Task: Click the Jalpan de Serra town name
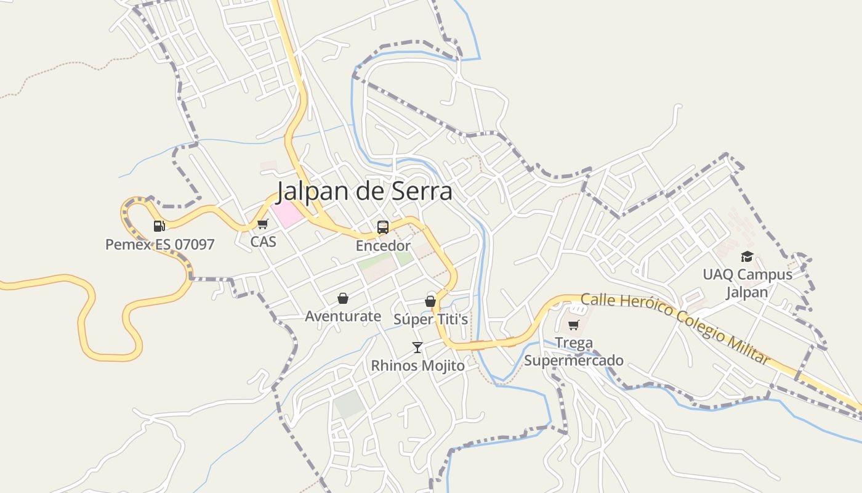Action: pyautogui.click(x=364, y=192)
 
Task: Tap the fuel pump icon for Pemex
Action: pyautogui.click(x=159, y=226)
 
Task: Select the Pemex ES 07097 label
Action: pyautogui.click(x=160, y=245)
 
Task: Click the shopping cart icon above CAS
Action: pyautogui.click(x=263, y=224)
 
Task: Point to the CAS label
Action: pyautogui.click(x=263, y=242)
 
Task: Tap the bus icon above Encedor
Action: pyautogui.click(x=383, y=227)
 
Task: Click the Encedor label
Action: pyautogui.click(x=383, y=246)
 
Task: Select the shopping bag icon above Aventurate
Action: pyautogui.click(x=343, y=299)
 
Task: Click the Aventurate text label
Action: pyautogui.click(x=343, y=317)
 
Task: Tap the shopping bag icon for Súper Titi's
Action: pyautogui.click(x=430, y=301)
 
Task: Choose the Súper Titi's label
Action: pyautogui.click(x=431, y=320)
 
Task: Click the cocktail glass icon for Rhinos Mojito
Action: pyautogui.click(x=417, y=348)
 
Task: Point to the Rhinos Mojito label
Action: pyautogui.click(x=417, y=365)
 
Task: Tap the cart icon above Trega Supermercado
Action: pyautogui.click(x=574, y=325)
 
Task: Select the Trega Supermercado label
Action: pyautogui.click(x=574, y=351)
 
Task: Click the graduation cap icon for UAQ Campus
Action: pyautogui.click(x=747, y=256)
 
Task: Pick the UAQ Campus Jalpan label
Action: pyautogui.click(x=747, y=283)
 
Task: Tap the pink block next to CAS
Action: pyautogui.click(x=288, y=213)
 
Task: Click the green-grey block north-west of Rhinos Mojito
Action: pyautogui.click(x=349, y=404)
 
